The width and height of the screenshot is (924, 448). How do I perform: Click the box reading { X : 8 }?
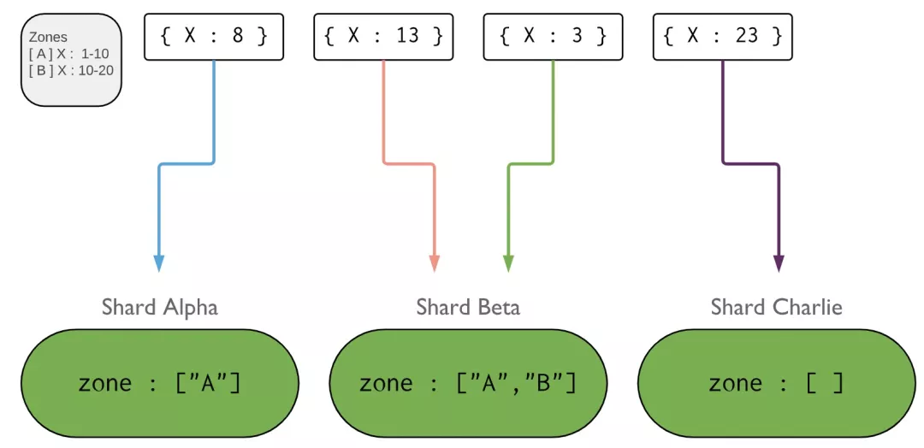pyautogui.click(x=213, y=36)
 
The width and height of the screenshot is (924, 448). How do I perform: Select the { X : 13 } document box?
pyautogui.click(x=382, y=36)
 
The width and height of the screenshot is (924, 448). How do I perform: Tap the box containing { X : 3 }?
pyautogui.click(x=553, y=36)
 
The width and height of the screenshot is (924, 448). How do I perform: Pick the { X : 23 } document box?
pyautogui.click(x=723, y=36)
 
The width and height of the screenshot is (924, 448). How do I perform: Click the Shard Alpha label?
pyautogui.click(x=160, y=307)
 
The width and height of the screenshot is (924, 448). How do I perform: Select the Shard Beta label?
pyautogui.click(x=468, y=307)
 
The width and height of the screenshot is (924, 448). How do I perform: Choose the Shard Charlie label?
pyautogui.click(x=776, y=307)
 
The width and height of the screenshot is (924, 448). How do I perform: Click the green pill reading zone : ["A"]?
pyautogui.click(x=160, y=383)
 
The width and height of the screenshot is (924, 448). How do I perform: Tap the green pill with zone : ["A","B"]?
pyautogui.click(x=468, y=383)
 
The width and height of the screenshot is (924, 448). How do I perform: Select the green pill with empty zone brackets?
pyautogui.click(x=776, y=383)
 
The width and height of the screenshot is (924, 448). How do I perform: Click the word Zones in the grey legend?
pyautogui.click(x=48, y=38)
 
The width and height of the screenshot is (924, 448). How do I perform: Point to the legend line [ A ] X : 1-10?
pyautogui.click(x=68, y=54)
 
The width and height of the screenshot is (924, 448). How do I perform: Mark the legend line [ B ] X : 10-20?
pyautogui.click(x=71, y=70)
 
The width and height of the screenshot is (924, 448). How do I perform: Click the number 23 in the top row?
pyautogui.click(x=747, y=36)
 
